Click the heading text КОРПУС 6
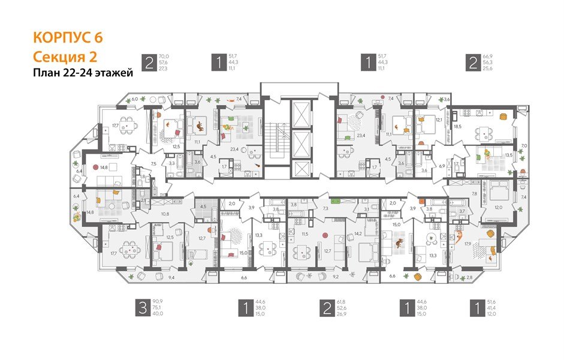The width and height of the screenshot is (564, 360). (68, 37)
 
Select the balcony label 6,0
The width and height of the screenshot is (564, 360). (135, 98)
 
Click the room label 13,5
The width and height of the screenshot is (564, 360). (509, 154)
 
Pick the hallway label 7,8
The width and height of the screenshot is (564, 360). (474, 194)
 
